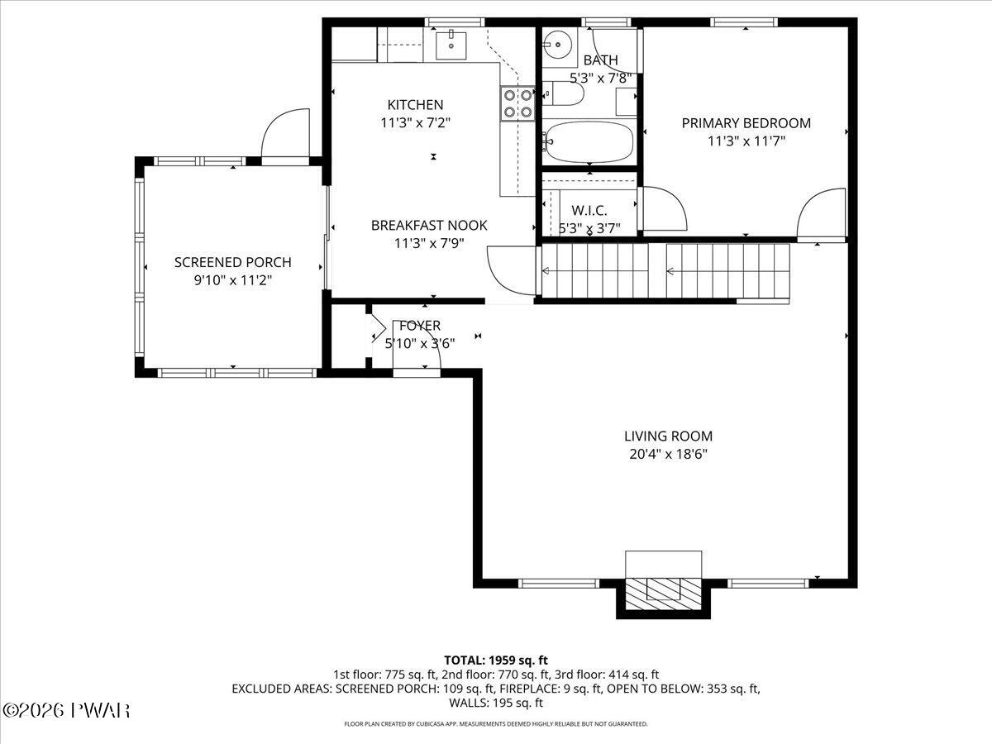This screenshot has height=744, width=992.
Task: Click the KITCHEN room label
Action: [415, 105]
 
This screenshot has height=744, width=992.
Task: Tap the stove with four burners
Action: [517, 103]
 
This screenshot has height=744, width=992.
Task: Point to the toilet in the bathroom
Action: [563, 94]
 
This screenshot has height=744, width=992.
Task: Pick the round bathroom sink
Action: [558, 45]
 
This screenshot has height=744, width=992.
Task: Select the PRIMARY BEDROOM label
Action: [746, 123]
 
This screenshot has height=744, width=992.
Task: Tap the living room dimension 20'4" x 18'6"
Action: [668, 454]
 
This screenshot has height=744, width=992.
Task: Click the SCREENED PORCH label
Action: [233, 262]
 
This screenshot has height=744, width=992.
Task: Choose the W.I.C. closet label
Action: [589, 211]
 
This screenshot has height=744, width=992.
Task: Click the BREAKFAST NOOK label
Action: [429, 225]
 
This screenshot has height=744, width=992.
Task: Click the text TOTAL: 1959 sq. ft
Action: [496, 661]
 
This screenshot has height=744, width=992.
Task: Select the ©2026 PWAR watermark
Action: [66, 711]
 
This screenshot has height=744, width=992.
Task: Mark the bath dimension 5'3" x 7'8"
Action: [600, 79]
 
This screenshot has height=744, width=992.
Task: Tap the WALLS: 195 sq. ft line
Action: [496, 703]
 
